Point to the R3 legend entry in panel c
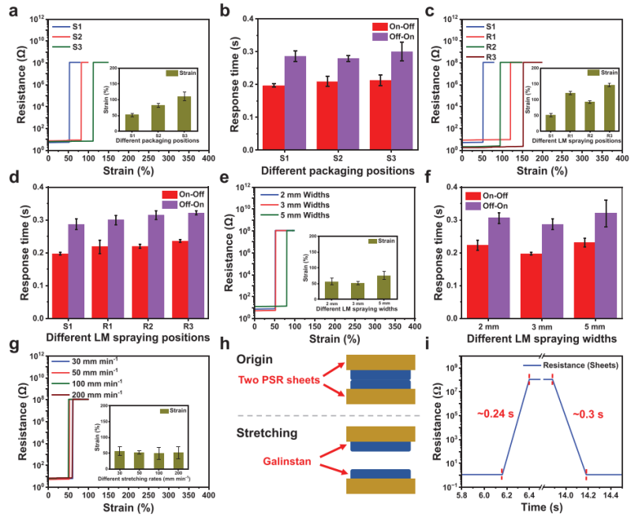491,58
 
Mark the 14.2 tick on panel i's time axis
585,494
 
